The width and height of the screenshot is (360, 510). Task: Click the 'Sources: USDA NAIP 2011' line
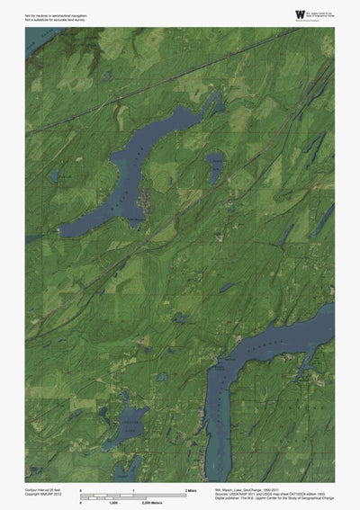click(x=257, y=493)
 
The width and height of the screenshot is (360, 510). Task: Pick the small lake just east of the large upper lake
click(x=216, y=166)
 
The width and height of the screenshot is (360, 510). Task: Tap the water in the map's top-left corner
click(x=36, y=38)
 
